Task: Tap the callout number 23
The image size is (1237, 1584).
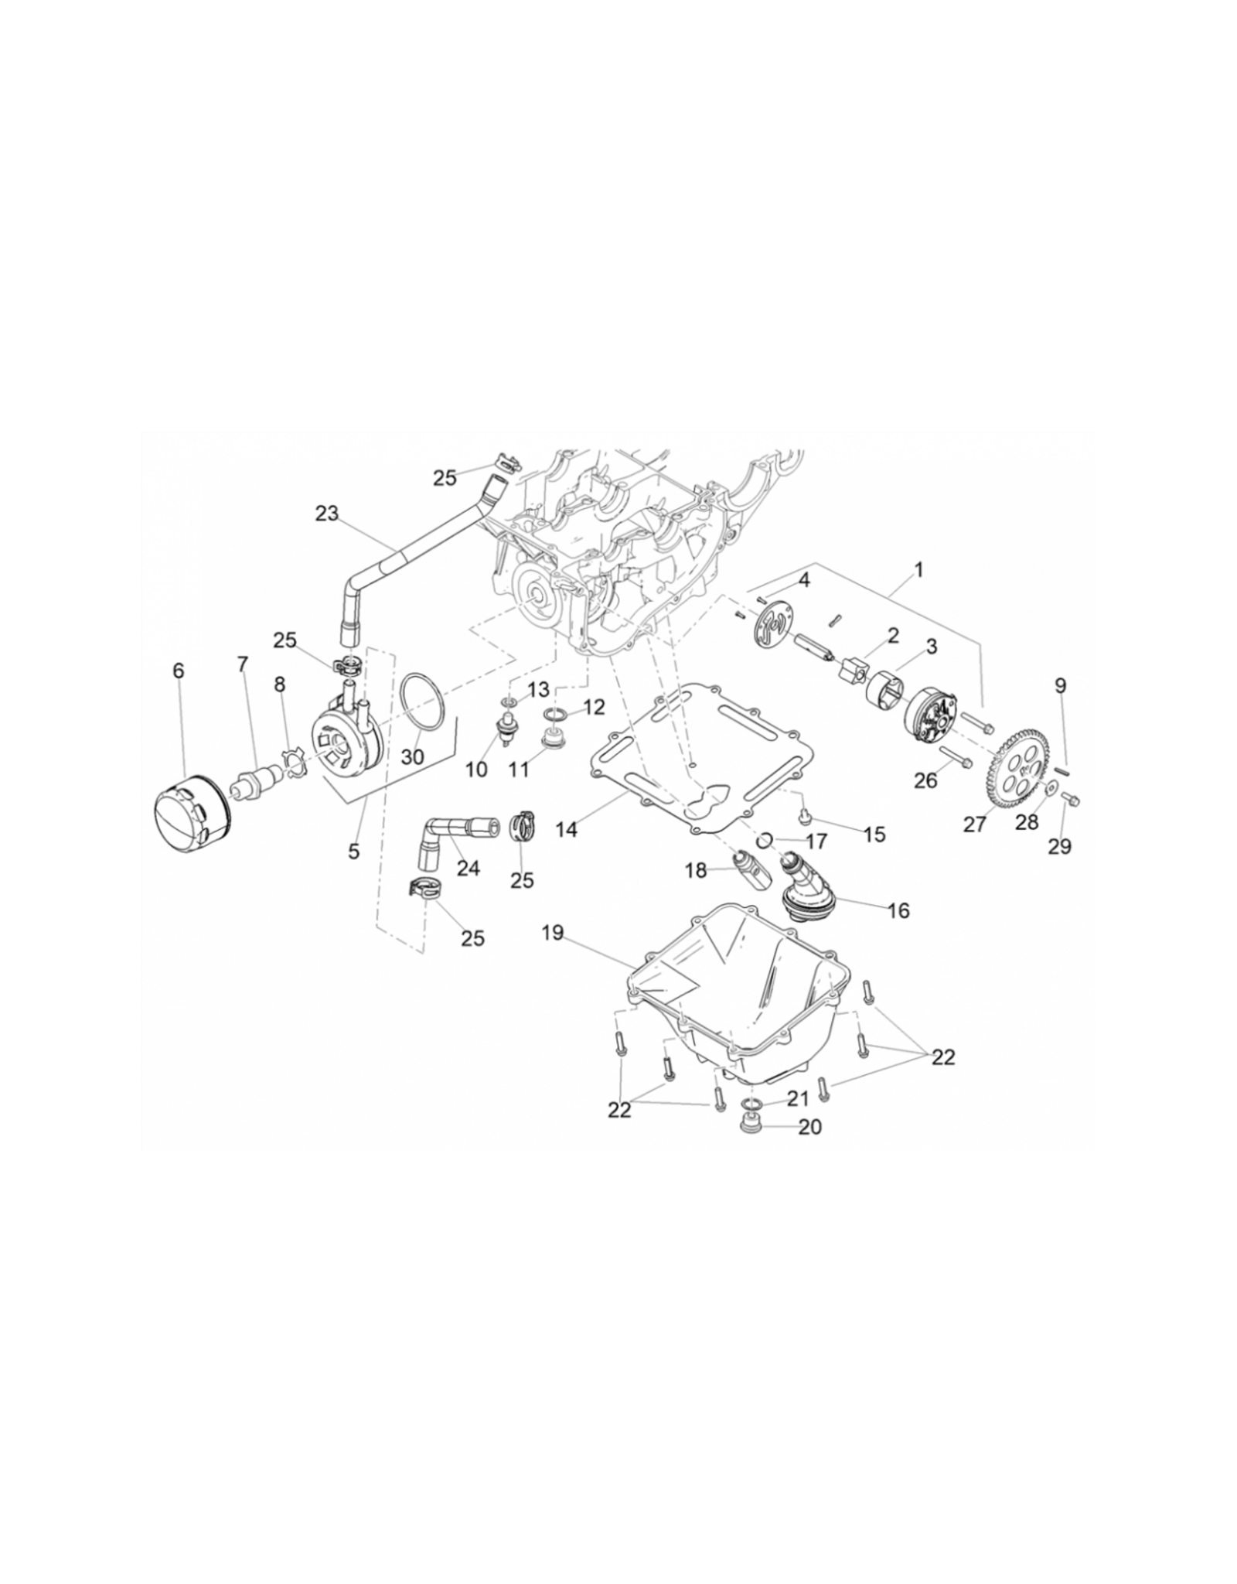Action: click(x=327, y=514)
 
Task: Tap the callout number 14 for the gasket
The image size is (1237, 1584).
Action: click(x=567, y=829)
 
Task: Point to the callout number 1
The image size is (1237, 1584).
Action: click(x=918, y=571)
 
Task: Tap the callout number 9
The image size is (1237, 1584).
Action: click(x=1060, y=685)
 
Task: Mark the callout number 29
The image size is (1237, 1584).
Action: click(x=1060, y=846)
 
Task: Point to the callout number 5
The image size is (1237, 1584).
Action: click(x=354, y=852)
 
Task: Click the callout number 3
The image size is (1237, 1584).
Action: click(x=931, y=647)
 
